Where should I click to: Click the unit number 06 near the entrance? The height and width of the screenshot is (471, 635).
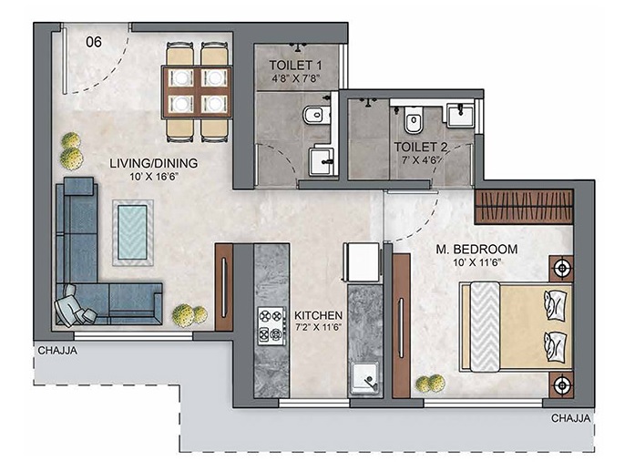(x=94, y=42)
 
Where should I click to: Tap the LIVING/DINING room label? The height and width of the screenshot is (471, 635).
(x=153, y=163)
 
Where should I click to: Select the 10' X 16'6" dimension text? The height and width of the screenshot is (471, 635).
(x=154, y=177)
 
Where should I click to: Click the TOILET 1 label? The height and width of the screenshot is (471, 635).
(x=296, y=66)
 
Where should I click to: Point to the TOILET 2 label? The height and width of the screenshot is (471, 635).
(x=421, y=147)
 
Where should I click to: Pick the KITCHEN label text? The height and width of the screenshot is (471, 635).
(x=318, y=315)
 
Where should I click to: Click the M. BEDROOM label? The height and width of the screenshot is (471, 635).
(x=476, y=249)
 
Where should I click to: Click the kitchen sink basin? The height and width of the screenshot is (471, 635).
(x=365, y=377)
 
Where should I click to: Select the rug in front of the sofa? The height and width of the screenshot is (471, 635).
(x=133, y=232)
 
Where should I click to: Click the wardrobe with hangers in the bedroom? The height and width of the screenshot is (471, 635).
(x=524, y=207)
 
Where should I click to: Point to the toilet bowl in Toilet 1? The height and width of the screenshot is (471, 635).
(x=315, y=116)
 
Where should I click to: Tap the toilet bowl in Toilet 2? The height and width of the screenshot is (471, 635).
(x=414, y=120)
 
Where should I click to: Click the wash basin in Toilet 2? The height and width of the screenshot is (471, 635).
(x=460, y=116)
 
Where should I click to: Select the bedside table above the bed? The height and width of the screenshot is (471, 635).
(x=561, y=268)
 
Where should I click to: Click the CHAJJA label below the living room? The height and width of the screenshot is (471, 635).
(x=57, y=351)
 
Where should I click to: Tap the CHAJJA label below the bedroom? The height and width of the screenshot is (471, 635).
(x=571, y=418)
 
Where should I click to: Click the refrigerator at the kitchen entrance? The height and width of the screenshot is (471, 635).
(x=362, y=261)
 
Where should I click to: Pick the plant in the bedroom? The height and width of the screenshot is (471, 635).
(x=431, y=384)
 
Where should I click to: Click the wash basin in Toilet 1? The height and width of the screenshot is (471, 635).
(x=323, y=161)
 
